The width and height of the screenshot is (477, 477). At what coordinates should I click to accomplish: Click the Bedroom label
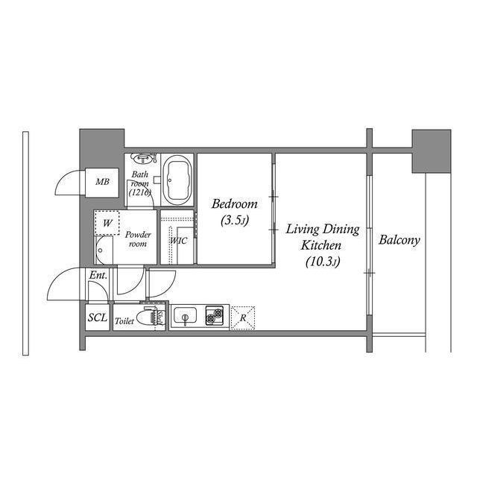(x=235, y=203)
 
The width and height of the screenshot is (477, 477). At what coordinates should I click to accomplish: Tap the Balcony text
(x=399, y=240)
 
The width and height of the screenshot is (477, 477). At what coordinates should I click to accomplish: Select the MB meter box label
(x=102, y=182)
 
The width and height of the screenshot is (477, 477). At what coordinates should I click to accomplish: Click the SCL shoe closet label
(x=98, y=318)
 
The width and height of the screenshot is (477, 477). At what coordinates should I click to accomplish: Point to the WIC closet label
(x=179, y=241)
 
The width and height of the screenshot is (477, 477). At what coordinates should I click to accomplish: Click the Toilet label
(x=124, y=321)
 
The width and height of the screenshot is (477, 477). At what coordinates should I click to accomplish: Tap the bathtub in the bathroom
(x=177, y=180)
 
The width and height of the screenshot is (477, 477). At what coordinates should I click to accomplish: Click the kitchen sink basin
(x=185, y=316)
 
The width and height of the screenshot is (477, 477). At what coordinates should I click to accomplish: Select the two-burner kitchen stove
(x=215, y=315)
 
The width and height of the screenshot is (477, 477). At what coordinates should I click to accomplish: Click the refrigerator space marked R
(x=243, y=318)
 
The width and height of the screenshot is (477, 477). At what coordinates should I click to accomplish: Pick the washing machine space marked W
(x=107, y=223)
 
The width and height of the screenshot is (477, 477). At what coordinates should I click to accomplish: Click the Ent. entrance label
(x=98, y=276)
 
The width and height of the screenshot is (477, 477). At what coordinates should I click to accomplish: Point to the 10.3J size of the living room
(x=323, y=262)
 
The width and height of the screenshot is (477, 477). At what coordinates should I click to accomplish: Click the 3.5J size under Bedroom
(x=235, y=220)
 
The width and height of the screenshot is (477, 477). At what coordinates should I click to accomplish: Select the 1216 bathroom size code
(x=139, y=192)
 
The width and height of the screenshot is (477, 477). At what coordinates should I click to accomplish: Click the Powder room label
(x=138, y=239)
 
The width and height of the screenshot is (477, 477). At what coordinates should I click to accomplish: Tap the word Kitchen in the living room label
(x=320, y=245)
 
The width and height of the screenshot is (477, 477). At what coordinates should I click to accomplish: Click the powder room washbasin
(x=104, y=250)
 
